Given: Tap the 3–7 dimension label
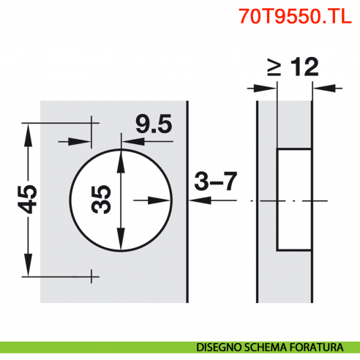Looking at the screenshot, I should (x=217, y=181).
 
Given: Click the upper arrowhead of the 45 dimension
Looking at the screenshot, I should (x=29, y=131).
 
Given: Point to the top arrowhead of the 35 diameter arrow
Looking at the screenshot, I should (x=121, y=155).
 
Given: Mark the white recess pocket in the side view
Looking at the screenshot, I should (x=293, y=200).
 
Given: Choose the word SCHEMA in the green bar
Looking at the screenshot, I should (x=270, y=347).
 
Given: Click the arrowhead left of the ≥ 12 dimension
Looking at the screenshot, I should (x=271, y=89).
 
